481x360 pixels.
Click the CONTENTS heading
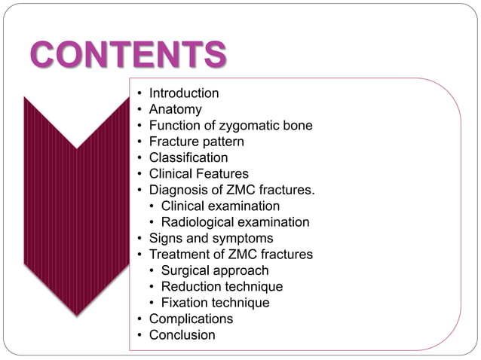pyautogui.click(x=129, y=55)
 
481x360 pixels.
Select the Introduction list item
pyautogui.click(x=184, y=93)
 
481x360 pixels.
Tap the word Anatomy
pyautogui.click(x=175, y=109)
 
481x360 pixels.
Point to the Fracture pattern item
pyautogui.click(x=196, y=142)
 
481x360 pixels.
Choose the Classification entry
pyautogui.click(x=188, y=157)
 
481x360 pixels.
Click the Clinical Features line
pyautogui.click(x=198, y=174)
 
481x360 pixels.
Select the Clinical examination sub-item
pyautogui.click(x=220, y=206)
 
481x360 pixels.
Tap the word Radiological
pyautogui.click(x=198, y=222)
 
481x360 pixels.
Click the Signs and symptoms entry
pyautogui.click(x=210, y=238)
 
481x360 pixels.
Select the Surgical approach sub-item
pyautogui.click(x=215, y=270)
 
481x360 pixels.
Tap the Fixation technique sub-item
pyautogui.click(x=215, y=303)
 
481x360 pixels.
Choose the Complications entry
pyautogui.click(x=191, y=319)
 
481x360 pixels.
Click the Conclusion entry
pyautogui.click(x=182, y=335)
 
